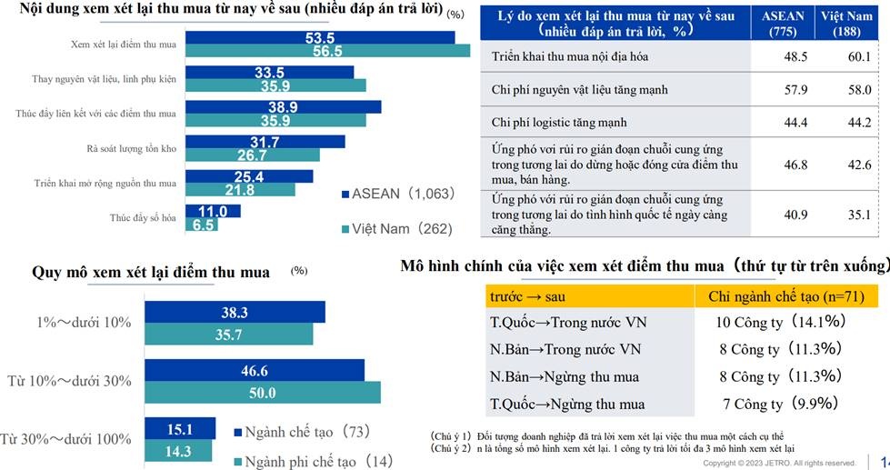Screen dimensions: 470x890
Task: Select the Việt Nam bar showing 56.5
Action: coord(326,51)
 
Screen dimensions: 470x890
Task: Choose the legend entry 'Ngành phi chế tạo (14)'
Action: coord(309,462)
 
